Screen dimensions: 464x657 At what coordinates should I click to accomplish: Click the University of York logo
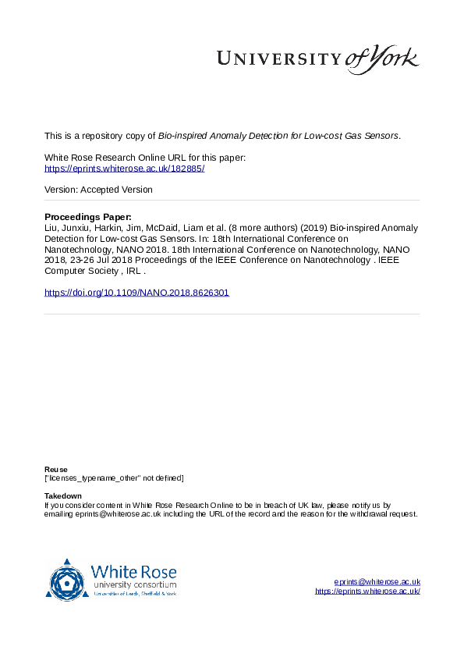tap(317, 59)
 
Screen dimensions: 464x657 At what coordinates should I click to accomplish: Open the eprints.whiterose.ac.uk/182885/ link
tap(124, 169)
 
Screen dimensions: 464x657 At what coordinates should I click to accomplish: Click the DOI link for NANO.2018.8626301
tap(136, 293)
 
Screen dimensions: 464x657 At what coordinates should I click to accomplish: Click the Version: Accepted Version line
tap(98, 190)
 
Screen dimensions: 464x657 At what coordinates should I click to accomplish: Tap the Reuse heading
tap(55, 470)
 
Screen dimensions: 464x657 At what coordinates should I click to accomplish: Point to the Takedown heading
tap(62, 496)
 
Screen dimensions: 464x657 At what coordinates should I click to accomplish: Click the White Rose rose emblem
tap(67, 580)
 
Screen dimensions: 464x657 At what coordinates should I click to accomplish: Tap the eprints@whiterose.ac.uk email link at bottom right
tap(377, 582)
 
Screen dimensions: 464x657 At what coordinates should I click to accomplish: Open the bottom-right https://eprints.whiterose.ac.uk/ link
tap(367, 591)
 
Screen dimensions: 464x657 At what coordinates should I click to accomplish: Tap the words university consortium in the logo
tap(134, 585)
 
